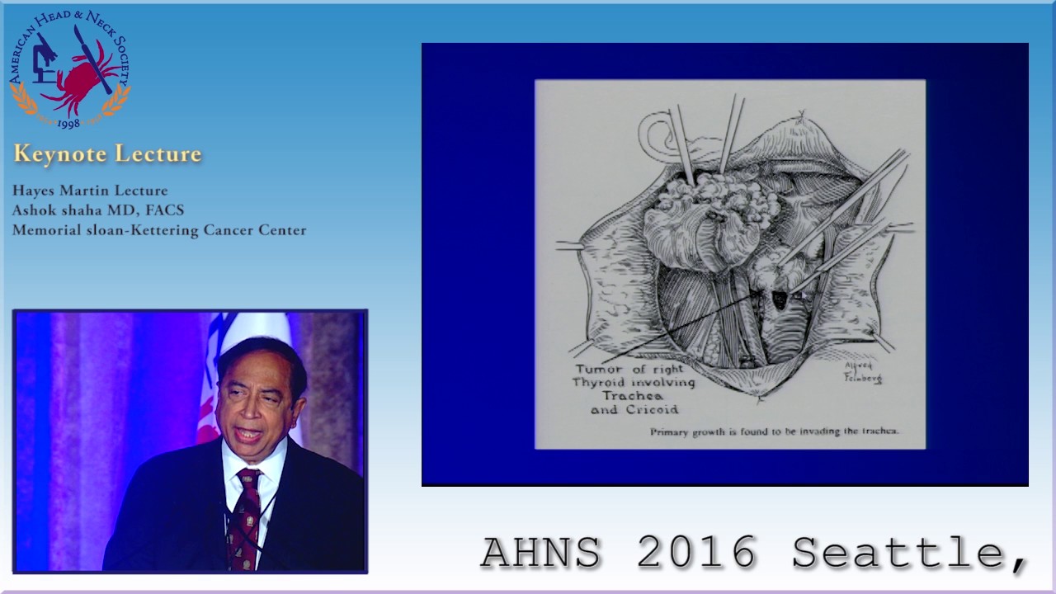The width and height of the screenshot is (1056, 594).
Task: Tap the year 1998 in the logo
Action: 69,123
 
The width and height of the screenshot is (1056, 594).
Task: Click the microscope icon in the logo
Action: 43,61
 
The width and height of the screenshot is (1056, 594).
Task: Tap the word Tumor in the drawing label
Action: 599,369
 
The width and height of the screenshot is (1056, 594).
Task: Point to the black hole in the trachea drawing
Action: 779,300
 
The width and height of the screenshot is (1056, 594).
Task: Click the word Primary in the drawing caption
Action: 672,431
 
